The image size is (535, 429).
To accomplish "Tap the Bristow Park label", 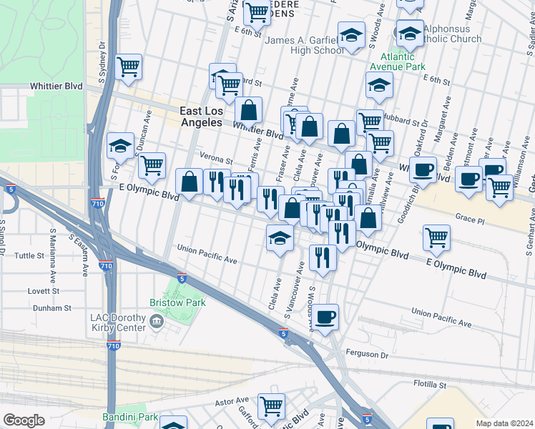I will (177, 302).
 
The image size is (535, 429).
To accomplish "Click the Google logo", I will (24, 420).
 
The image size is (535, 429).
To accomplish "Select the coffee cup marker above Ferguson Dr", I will (326, 317).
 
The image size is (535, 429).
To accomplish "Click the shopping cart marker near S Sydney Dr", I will (129, 68).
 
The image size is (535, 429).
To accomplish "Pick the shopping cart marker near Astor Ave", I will (272, 407).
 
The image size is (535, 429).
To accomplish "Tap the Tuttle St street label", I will (29, 255).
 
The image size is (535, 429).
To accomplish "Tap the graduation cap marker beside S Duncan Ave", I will (121, 147).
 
